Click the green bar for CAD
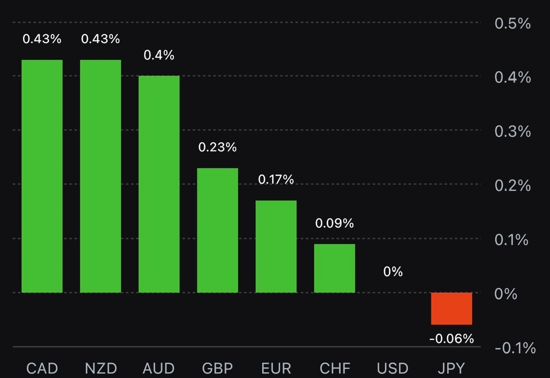click(42, 176)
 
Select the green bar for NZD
click(101, 176)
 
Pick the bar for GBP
click(217, 230)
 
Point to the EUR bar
click(276, 247)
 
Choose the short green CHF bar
click(334, 268)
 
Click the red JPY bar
click(452, 308)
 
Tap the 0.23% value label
click(217, 147)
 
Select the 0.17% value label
click(276, 180)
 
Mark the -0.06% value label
click(452, 339)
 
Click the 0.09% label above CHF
click(334, 223)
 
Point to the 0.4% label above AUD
click(159, 55)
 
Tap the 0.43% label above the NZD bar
click(101, 39)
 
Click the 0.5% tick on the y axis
click(513, 24)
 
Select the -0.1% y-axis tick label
click(515, 348)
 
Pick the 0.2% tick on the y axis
click(513, 186)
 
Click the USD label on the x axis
click(393, 368)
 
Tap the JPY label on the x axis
click(452, 368)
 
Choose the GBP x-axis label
click(217, 368)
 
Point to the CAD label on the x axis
click(42, 368)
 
